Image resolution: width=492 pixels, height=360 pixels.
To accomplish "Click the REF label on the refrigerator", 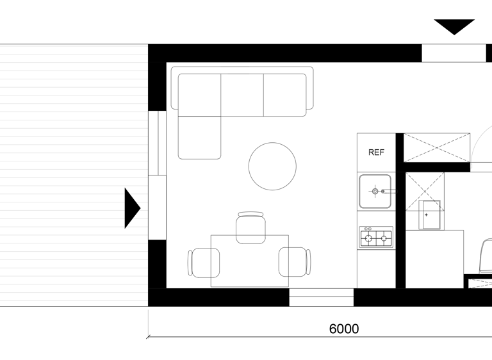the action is tap(376, 152).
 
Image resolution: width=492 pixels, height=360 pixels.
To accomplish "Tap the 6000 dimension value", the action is tap(344, 329).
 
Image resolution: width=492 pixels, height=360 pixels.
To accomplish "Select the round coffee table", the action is tap(272, 167).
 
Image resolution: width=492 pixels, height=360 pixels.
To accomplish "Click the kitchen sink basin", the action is tap(375, 192).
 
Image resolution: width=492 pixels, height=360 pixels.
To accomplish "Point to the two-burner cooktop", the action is tap(376, 237).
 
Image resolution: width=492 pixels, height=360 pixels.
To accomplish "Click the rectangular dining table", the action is tap(250, 261).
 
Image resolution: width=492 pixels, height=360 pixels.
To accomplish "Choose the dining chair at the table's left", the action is tap(204, 263).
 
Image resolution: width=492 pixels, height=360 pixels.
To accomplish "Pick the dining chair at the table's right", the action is tap(295, 262).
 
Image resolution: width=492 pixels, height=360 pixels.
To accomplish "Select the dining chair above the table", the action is tap(250, 227).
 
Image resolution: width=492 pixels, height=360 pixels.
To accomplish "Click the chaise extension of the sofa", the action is tap(200, 138).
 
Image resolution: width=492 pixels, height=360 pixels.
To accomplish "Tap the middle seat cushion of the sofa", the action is tap(242, 95).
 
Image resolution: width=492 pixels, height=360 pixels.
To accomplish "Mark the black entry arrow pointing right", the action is tap(133, 208).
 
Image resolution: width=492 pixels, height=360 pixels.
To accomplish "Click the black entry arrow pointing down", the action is tap(454, 27).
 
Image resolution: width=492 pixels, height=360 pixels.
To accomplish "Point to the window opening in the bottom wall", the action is tap(322, 297).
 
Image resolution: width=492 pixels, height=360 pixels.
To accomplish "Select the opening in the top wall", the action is tap(454, 53).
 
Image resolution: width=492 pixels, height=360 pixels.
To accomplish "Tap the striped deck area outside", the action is tap(74, 175).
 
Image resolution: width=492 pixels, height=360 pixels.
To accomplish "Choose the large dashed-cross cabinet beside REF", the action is tap(437, 147).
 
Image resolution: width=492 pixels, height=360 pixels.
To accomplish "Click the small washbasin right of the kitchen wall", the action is tap(430, 215).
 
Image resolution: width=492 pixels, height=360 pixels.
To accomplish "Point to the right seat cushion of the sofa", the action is tap(285, 95).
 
